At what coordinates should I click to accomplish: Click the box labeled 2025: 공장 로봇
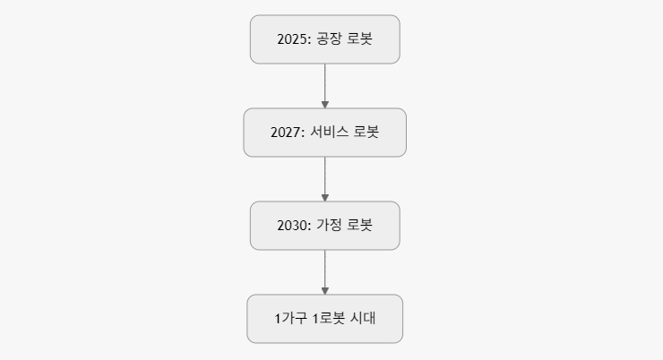click(x=324, y=39)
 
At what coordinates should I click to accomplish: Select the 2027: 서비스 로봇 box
click(x=324, y=133)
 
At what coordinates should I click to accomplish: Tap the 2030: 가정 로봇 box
click(x=324, y=226)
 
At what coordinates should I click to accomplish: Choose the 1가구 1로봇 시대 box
click(x=324, y=319)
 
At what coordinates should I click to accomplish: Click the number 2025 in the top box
click(x=293, y=39)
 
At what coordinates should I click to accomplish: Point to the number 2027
click(x=287, y=133)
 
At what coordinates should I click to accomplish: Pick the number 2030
click(x=293, y=226)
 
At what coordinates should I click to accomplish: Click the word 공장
click(x=329, y=39)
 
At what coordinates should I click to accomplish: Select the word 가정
click(x=329, y=226)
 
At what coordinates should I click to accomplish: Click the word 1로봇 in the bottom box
click(x=328, y=319)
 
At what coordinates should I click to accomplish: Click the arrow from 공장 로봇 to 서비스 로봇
click(x=324, y=84)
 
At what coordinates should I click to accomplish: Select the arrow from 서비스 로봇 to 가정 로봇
click(x=324, y=177)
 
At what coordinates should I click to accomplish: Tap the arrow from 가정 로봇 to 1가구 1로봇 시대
click(x=324, y=270)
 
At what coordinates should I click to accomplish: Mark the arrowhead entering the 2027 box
click(x=324, y=104)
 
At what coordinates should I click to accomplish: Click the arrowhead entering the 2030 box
click(x=324, y=197)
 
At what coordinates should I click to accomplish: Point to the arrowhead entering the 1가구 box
click(x=324, y=290)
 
